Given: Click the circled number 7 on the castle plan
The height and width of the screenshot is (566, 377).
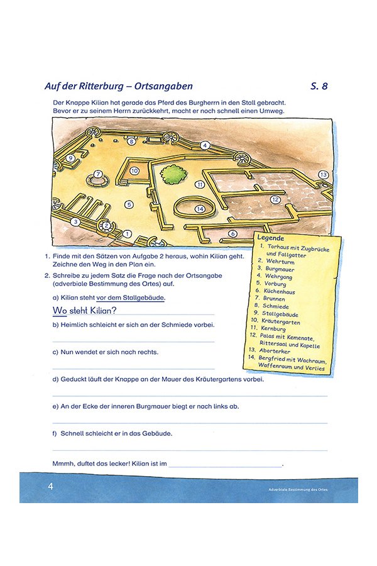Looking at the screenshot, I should tap(98, 174).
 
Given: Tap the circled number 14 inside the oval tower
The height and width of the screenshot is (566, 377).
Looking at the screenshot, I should tap(200, 209).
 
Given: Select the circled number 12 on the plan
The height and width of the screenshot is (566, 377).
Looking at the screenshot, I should tap(275, 199).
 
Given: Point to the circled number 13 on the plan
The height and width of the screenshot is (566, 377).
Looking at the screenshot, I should tap(323, 174).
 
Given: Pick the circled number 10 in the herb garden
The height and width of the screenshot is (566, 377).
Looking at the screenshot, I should tap(134, 170).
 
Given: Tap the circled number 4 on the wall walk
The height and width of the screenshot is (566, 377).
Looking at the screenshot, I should tap(204, 145).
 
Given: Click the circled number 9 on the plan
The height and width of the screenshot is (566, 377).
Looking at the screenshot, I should tap(70, 158).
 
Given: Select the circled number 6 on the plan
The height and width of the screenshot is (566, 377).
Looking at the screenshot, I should tap(232, 233).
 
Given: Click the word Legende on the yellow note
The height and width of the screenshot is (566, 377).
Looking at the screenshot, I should tap(271, 238).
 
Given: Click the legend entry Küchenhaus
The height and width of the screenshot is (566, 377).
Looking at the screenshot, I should tap(281, 291).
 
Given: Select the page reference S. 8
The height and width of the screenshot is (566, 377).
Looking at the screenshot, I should tap(319, 86).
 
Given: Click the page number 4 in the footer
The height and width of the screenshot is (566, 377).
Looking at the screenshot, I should tap(50, 486).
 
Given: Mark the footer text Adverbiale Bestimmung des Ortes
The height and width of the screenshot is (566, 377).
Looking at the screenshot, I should tap(298, 489).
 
